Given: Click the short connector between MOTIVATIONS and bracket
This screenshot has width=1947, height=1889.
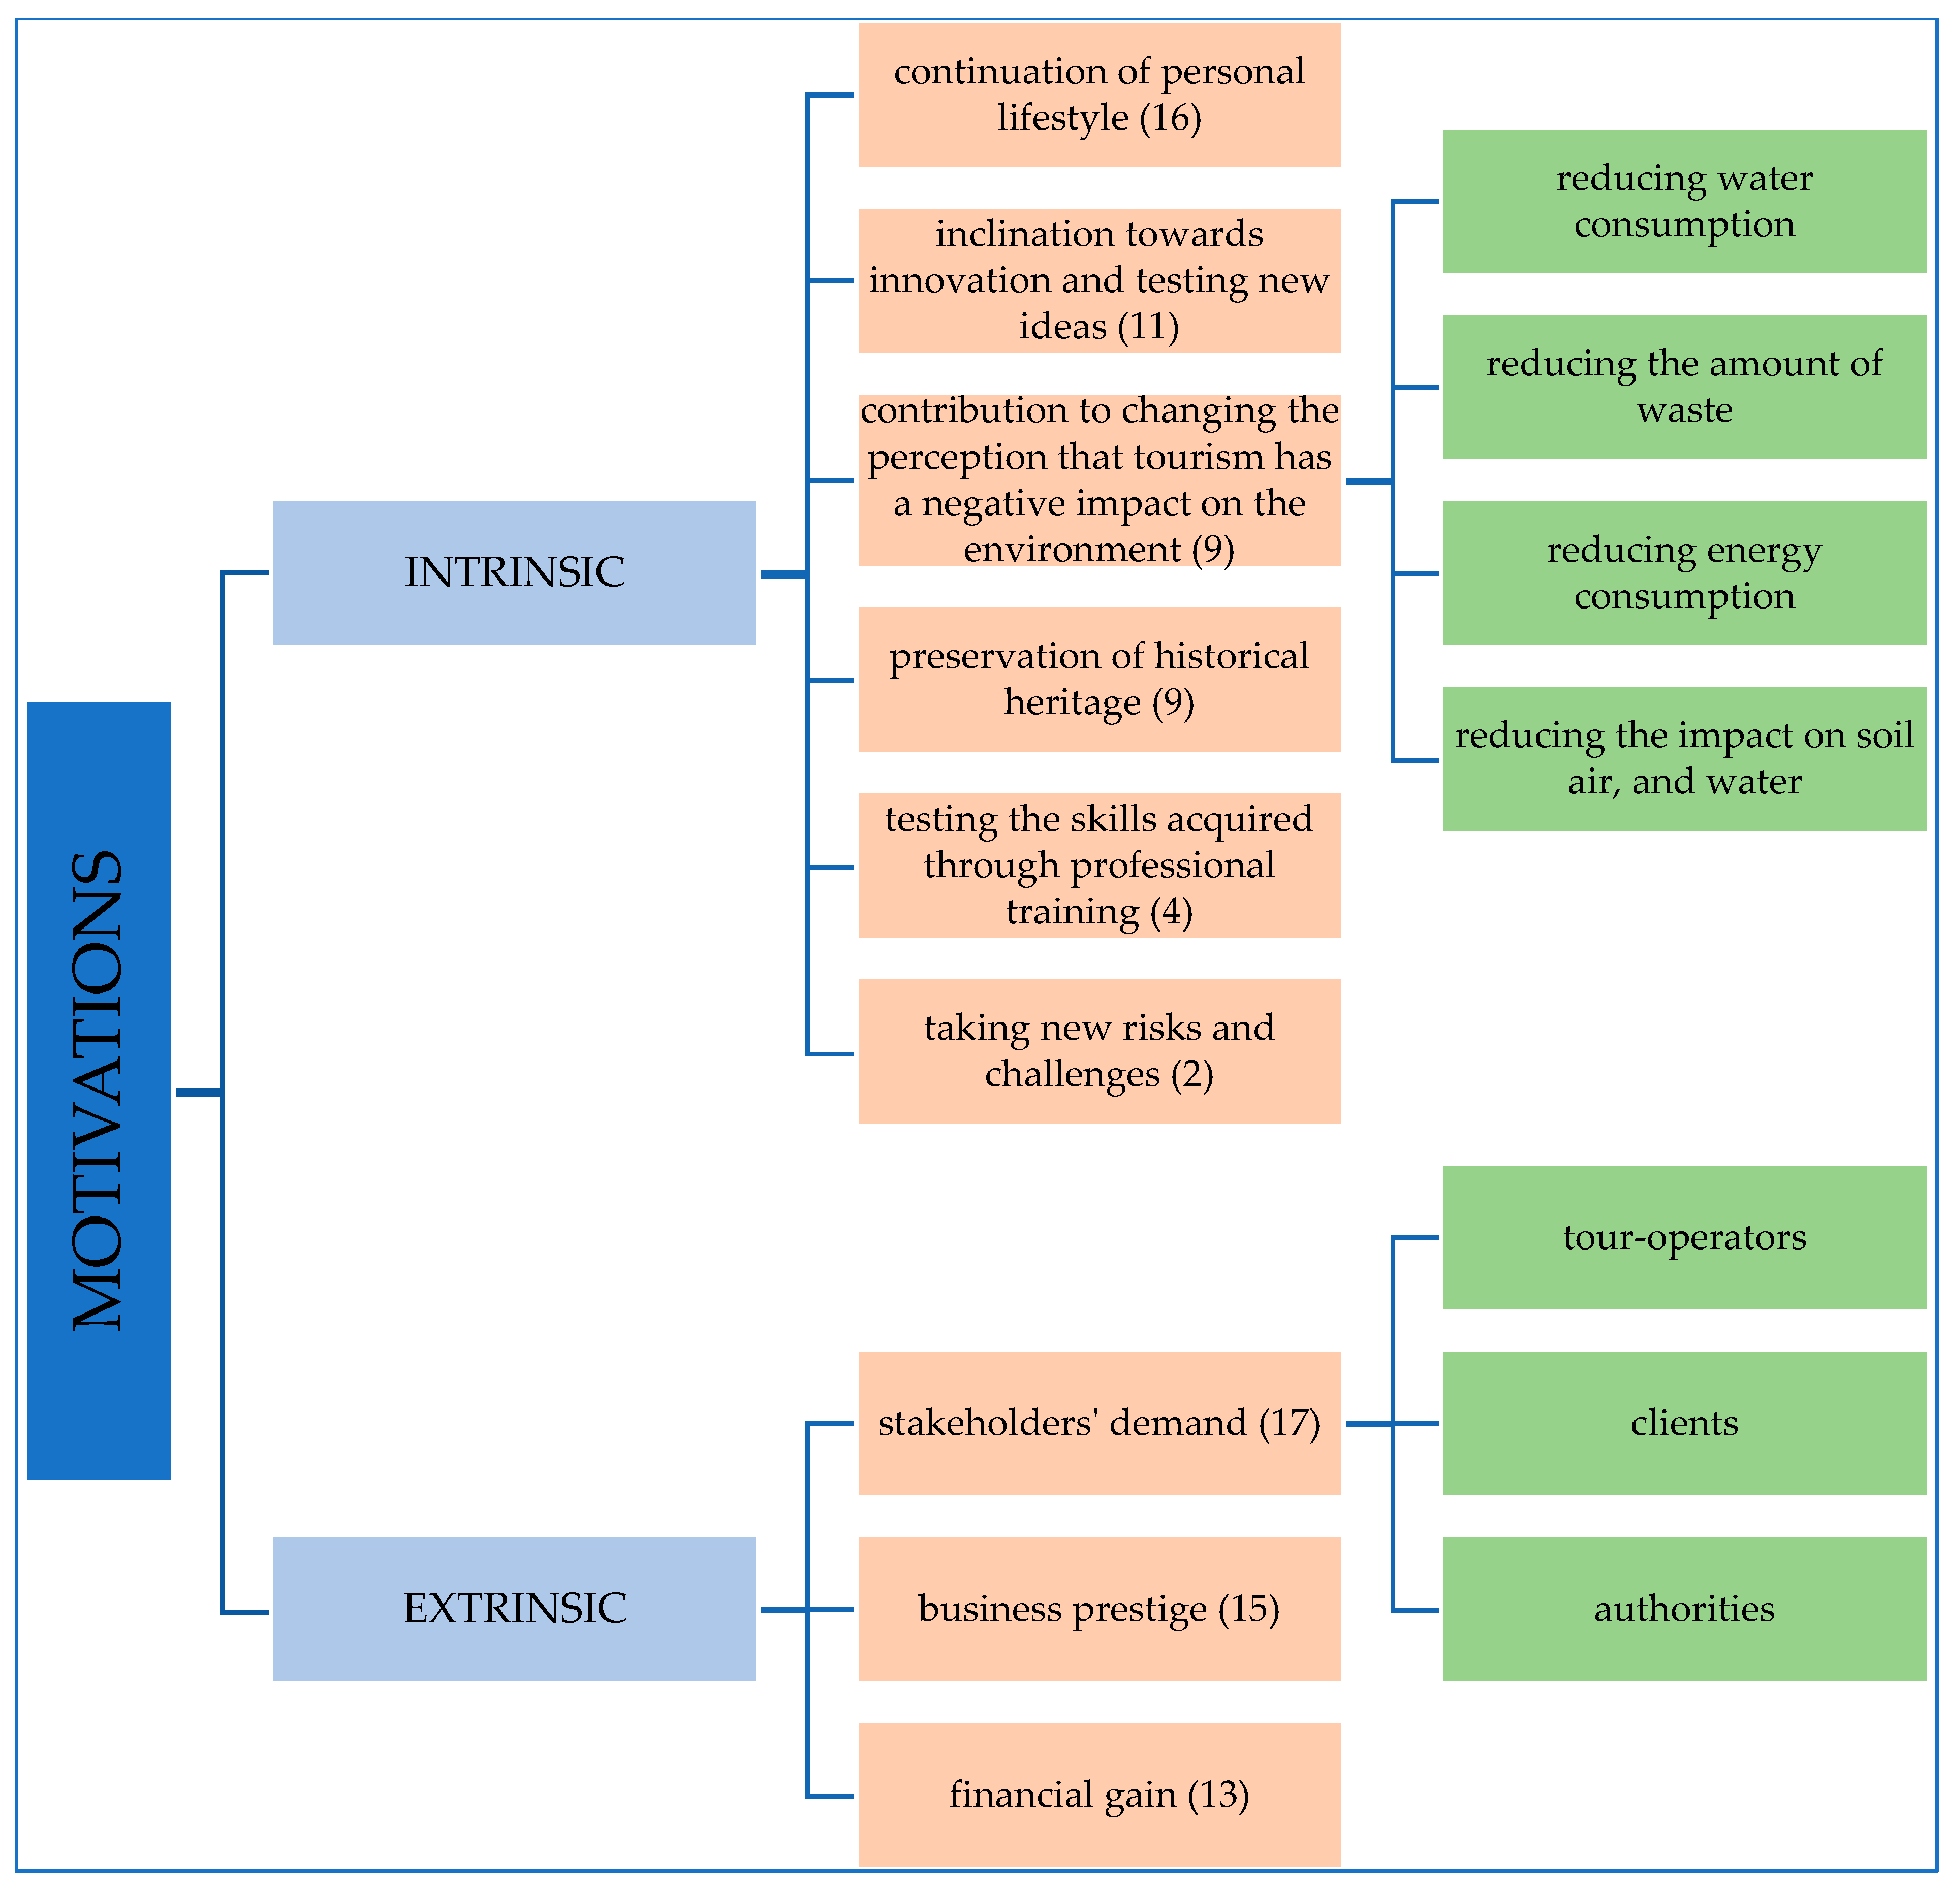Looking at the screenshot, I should point(198,1093).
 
